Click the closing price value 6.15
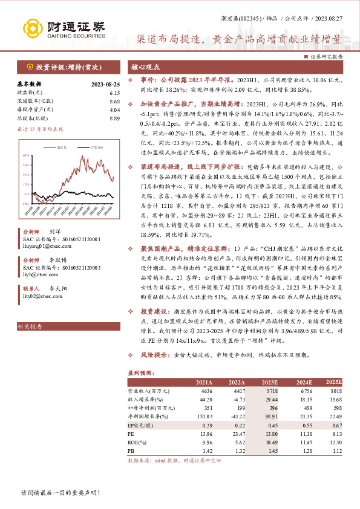[115, 92]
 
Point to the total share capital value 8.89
[115, 118]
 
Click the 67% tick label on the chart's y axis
[26, 155]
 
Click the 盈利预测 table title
[141, 374]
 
